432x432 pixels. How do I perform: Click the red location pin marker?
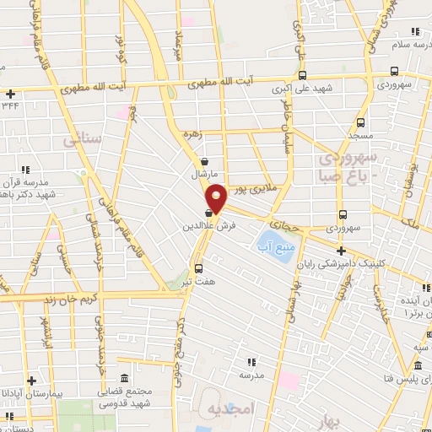[x=216, y=198]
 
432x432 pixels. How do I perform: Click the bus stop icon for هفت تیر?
[x=198, y=268]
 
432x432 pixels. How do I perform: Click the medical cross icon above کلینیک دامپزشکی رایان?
[x=341, y=251]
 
